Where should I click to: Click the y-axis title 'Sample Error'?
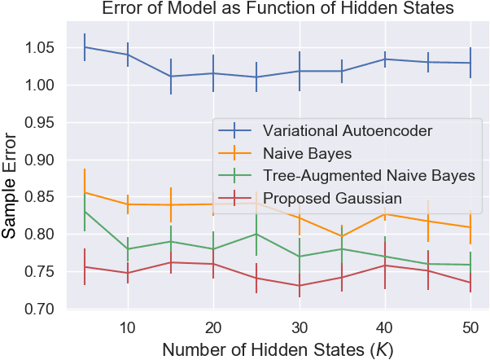(11, 183)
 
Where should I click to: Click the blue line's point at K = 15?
(171, 77)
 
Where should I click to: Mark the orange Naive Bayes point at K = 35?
(342, 236)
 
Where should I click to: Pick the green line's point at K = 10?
(128, 248)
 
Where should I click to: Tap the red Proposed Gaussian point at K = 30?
(299, 286)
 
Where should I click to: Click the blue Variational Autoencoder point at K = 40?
(384, 59)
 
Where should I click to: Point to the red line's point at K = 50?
(470, 283)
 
